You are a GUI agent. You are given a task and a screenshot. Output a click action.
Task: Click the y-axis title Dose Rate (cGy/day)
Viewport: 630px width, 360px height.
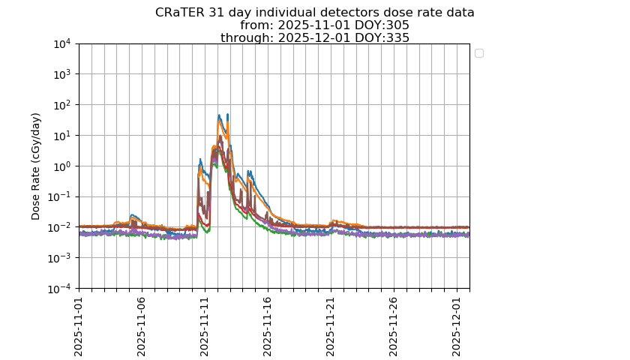tap(36, 166)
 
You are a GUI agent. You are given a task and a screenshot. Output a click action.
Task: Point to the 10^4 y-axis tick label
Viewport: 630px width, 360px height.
tap(61, 43)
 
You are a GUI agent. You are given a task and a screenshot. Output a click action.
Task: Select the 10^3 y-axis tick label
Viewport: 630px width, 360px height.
tap(61, 74)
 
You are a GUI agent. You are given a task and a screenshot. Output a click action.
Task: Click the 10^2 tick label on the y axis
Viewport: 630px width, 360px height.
tap(61, 105)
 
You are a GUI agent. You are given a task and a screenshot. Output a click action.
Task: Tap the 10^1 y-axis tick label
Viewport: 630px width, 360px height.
tap(61, 136)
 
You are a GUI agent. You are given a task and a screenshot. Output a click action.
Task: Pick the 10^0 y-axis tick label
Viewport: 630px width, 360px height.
tap(61, 166)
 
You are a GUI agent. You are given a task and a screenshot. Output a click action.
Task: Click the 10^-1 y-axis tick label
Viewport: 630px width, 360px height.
tap(60, 196)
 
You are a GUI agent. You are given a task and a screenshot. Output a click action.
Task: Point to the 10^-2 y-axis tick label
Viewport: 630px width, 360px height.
tap(60, 227)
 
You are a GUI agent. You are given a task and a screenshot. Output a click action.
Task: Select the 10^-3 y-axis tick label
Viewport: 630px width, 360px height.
tap(60, 258)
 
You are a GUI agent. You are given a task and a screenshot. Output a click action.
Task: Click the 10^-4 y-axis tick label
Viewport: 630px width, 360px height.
tap(60, 288)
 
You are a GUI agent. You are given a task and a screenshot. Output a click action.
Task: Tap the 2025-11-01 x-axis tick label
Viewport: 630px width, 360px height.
tap(79, 325)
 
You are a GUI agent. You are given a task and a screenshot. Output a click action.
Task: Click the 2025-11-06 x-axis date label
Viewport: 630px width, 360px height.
tap(142, 325)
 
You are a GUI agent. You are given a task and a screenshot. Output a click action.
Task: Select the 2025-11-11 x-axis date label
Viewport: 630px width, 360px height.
tap(205, 325)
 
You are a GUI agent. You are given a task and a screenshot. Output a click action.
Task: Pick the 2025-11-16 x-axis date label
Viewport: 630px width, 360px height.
tap(268, 325)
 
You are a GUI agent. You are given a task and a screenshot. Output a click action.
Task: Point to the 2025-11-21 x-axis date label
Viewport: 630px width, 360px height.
tap(331, 325)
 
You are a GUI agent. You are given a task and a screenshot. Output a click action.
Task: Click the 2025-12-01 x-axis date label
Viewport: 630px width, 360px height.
tap(457, 325)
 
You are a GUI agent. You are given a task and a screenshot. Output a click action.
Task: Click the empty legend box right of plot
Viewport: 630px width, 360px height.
tap(479, 53)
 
